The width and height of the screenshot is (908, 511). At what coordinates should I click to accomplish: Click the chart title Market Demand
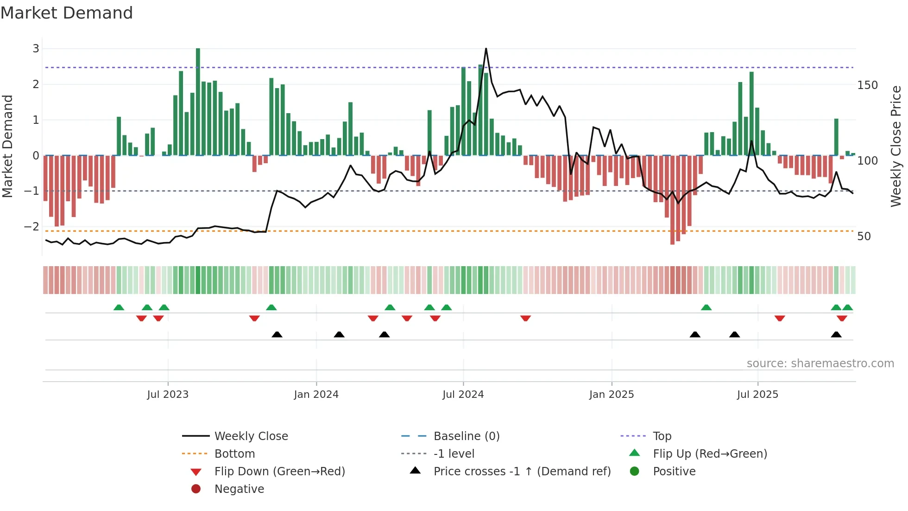pyautogui.click(x=67, y=13)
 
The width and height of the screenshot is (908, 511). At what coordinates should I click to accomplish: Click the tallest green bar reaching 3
pyautogui.click(x=198, y=102)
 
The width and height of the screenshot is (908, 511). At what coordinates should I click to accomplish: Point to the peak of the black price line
pyautogui.click(x=486, y=49)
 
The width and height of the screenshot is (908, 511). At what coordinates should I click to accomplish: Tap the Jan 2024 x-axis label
pyautogui.click(x=316, y=395)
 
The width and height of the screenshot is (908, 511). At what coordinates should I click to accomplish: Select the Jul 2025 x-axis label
pyautogui.click(x=757, y=395)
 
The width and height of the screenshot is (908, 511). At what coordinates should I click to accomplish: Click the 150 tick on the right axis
pyautogui.click(x=867, y=85)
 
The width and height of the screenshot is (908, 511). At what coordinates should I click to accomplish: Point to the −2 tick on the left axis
pyautogui.click(x=32, y=227)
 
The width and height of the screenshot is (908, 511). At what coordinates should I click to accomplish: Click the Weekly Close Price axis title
pyautogui.click(x=896, y=146)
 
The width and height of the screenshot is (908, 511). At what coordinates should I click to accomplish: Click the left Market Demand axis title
pyautogui.click(x=7, y=146)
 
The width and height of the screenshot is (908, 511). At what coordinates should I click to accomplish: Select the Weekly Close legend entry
pyautogui.click(x=251, y=436)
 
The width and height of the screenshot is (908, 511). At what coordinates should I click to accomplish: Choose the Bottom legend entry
pyautogui.click(x=234, y=454)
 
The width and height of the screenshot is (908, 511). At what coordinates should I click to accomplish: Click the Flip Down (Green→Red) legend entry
pyautogui.click(x=279, y=472)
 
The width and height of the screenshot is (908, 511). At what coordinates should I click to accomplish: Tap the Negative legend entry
pyautogui.click(x=239, y=489)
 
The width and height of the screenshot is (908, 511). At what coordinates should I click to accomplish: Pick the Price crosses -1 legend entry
pyautogui.click(x=522, y=472)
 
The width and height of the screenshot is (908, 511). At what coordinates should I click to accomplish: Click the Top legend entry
pyautogui.click(x=662, y=436)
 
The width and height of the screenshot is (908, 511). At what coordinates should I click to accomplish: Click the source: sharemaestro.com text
pyautogui.click(x=820, y=364)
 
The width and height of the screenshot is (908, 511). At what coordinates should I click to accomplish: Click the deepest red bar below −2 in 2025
pyautogui.click(x=672, y=199)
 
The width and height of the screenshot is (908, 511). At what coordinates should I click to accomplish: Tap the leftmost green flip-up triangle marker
pyautogui.click(x=119, y=307)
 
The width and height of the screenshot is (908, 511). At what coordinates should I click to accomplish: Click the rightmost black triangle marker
pyautogui.click(x=836, y=335)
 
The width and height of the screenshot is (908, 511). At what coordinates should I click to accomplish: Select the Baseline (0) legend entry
pyautogui.click(x=466, y=436)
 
